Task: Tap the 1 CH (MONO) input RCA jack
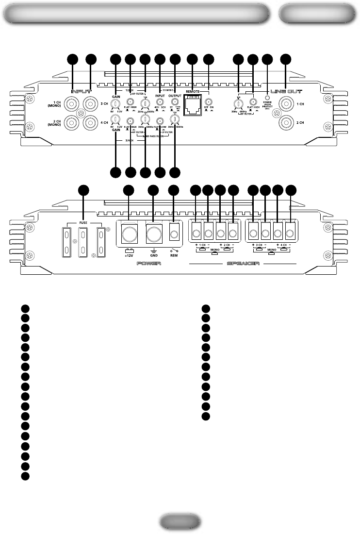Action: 72,103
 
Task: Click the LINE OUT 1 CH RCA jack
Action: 286,104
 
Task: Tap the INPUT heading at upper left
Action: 81,90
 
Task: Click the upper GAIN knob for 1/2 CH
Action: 115,103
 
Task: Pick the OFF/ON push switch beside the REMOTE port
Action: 209,102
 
